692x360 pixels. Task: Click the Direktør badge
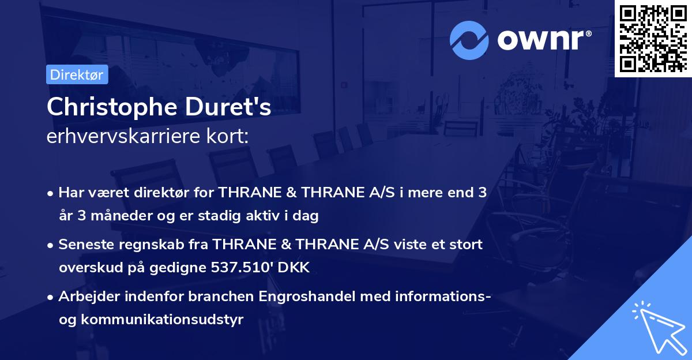coord(77,74)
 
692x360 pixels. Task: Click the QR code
coord(653,37)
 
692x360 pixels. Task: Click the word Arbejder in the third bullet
coord(88,297)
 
